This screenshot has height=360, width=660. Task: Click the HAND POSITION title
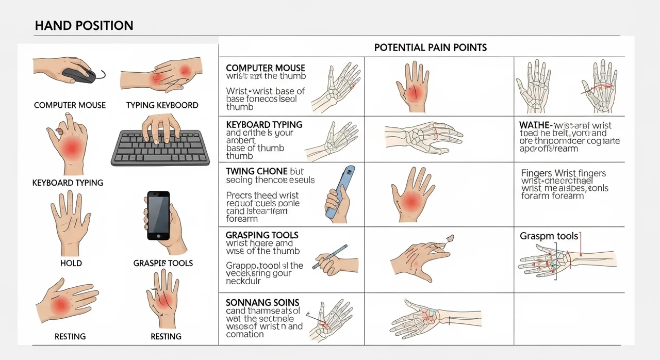(x=84, y=25)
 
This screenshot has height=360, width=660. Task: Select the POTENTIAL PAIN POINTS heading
(x=430, y=47)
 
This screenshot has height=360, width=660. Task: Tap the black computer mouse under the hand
(x=79, y=75)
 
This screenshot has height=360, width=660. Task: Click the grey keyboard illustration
(x=160, y=147)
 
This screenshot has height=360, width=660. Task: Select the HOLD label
(x=71, y=263)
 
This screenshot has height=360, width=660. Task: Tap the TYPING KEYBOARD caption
(x=162, y=105)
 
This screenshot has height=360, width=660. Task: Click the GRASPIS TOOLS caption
(x=163, y=263)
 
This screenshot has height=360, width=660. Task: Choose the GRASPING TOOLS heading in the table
(x=262, y=235)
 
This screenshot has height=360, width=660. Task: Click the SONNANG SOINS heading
(x=262, y=303)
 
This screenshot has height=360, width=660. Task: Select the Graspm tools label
(x=549, y=236)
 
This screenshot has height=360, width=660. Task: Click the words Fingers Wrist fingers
(x=564, y=173)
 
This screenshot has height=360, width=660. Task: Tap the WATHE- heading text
(x=537, y=125)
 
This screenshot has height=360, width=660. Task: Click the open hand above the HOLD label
(x=71, y=222)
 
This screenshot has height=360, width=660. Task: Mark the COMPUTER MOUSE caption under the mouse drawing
(x=70, y=105)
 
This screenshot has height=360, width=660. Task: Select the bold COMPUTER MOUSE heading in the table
(x=266, y=68)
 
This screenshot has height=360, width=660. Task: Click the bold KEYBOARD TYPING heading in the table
(x=264, y=125)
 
